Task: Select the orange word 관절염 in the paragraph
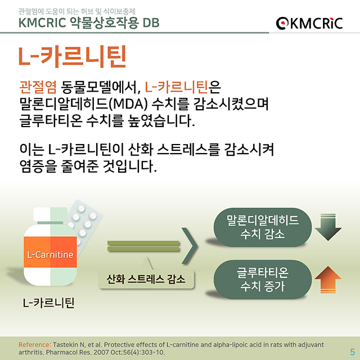pyautogui.click(x=37, y=87)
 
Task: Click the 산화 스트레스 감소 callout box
pyautogui.click(x=146, y=279)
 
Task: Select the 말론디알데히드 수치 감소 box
pyautogui.click(x=262, y=226)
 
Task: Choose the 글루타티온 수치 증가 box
pyautogui.click(x=262, y=280)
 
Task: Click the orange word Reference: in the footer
pyautogui.click(x=34, y=344)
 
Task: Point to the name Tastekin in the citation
pyautogui.click(x=66, y=344)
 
